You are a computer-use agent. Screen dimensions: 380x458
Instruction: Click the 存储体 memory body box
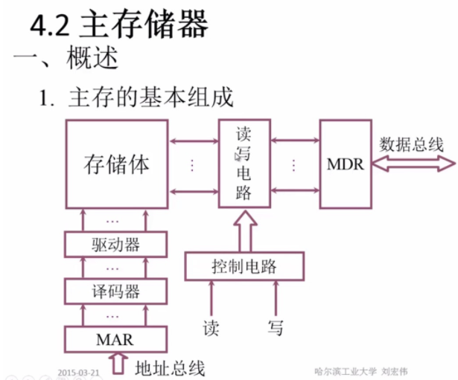tap(115, 164)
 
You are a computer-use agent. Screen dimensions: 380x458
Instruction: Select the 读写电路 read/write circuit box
tap(244, 164)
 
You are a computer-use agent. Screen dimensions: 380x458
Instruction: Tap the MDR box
tap(345, 164)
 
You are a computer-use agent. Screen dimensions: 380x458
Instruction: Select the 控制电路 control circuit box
tap(245, 265)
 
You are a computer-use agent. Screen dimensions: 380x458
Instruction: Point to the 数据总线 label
tap(411, 144)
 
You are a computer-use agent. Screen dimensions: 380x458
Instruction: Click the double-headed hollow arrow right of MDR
tap(410, 164)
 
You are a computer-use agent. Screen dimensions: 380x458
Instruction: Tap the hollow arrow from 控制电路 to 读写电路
tap(244, 231)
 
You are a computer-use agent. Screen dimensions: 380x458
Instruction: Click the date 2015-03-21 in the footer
tap(79, 370)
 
